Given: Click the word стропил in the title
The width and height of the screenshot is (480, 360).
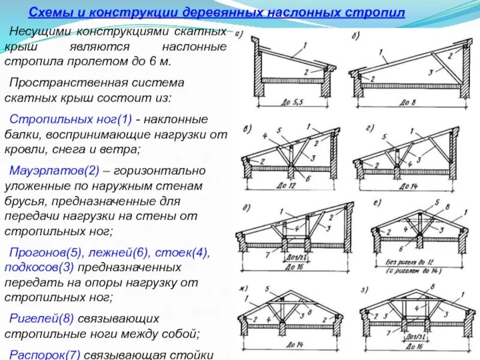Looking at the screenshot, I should pos(376,12).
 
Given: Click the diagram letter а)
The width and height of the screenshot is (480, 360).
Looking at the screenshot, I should pos(239,34).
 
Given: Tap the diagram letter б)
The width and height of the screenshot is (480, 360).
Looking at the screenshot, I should pos(356,35).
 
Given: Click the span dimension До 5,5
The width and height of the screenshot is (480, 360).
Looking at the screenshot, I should pos(292,102).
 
